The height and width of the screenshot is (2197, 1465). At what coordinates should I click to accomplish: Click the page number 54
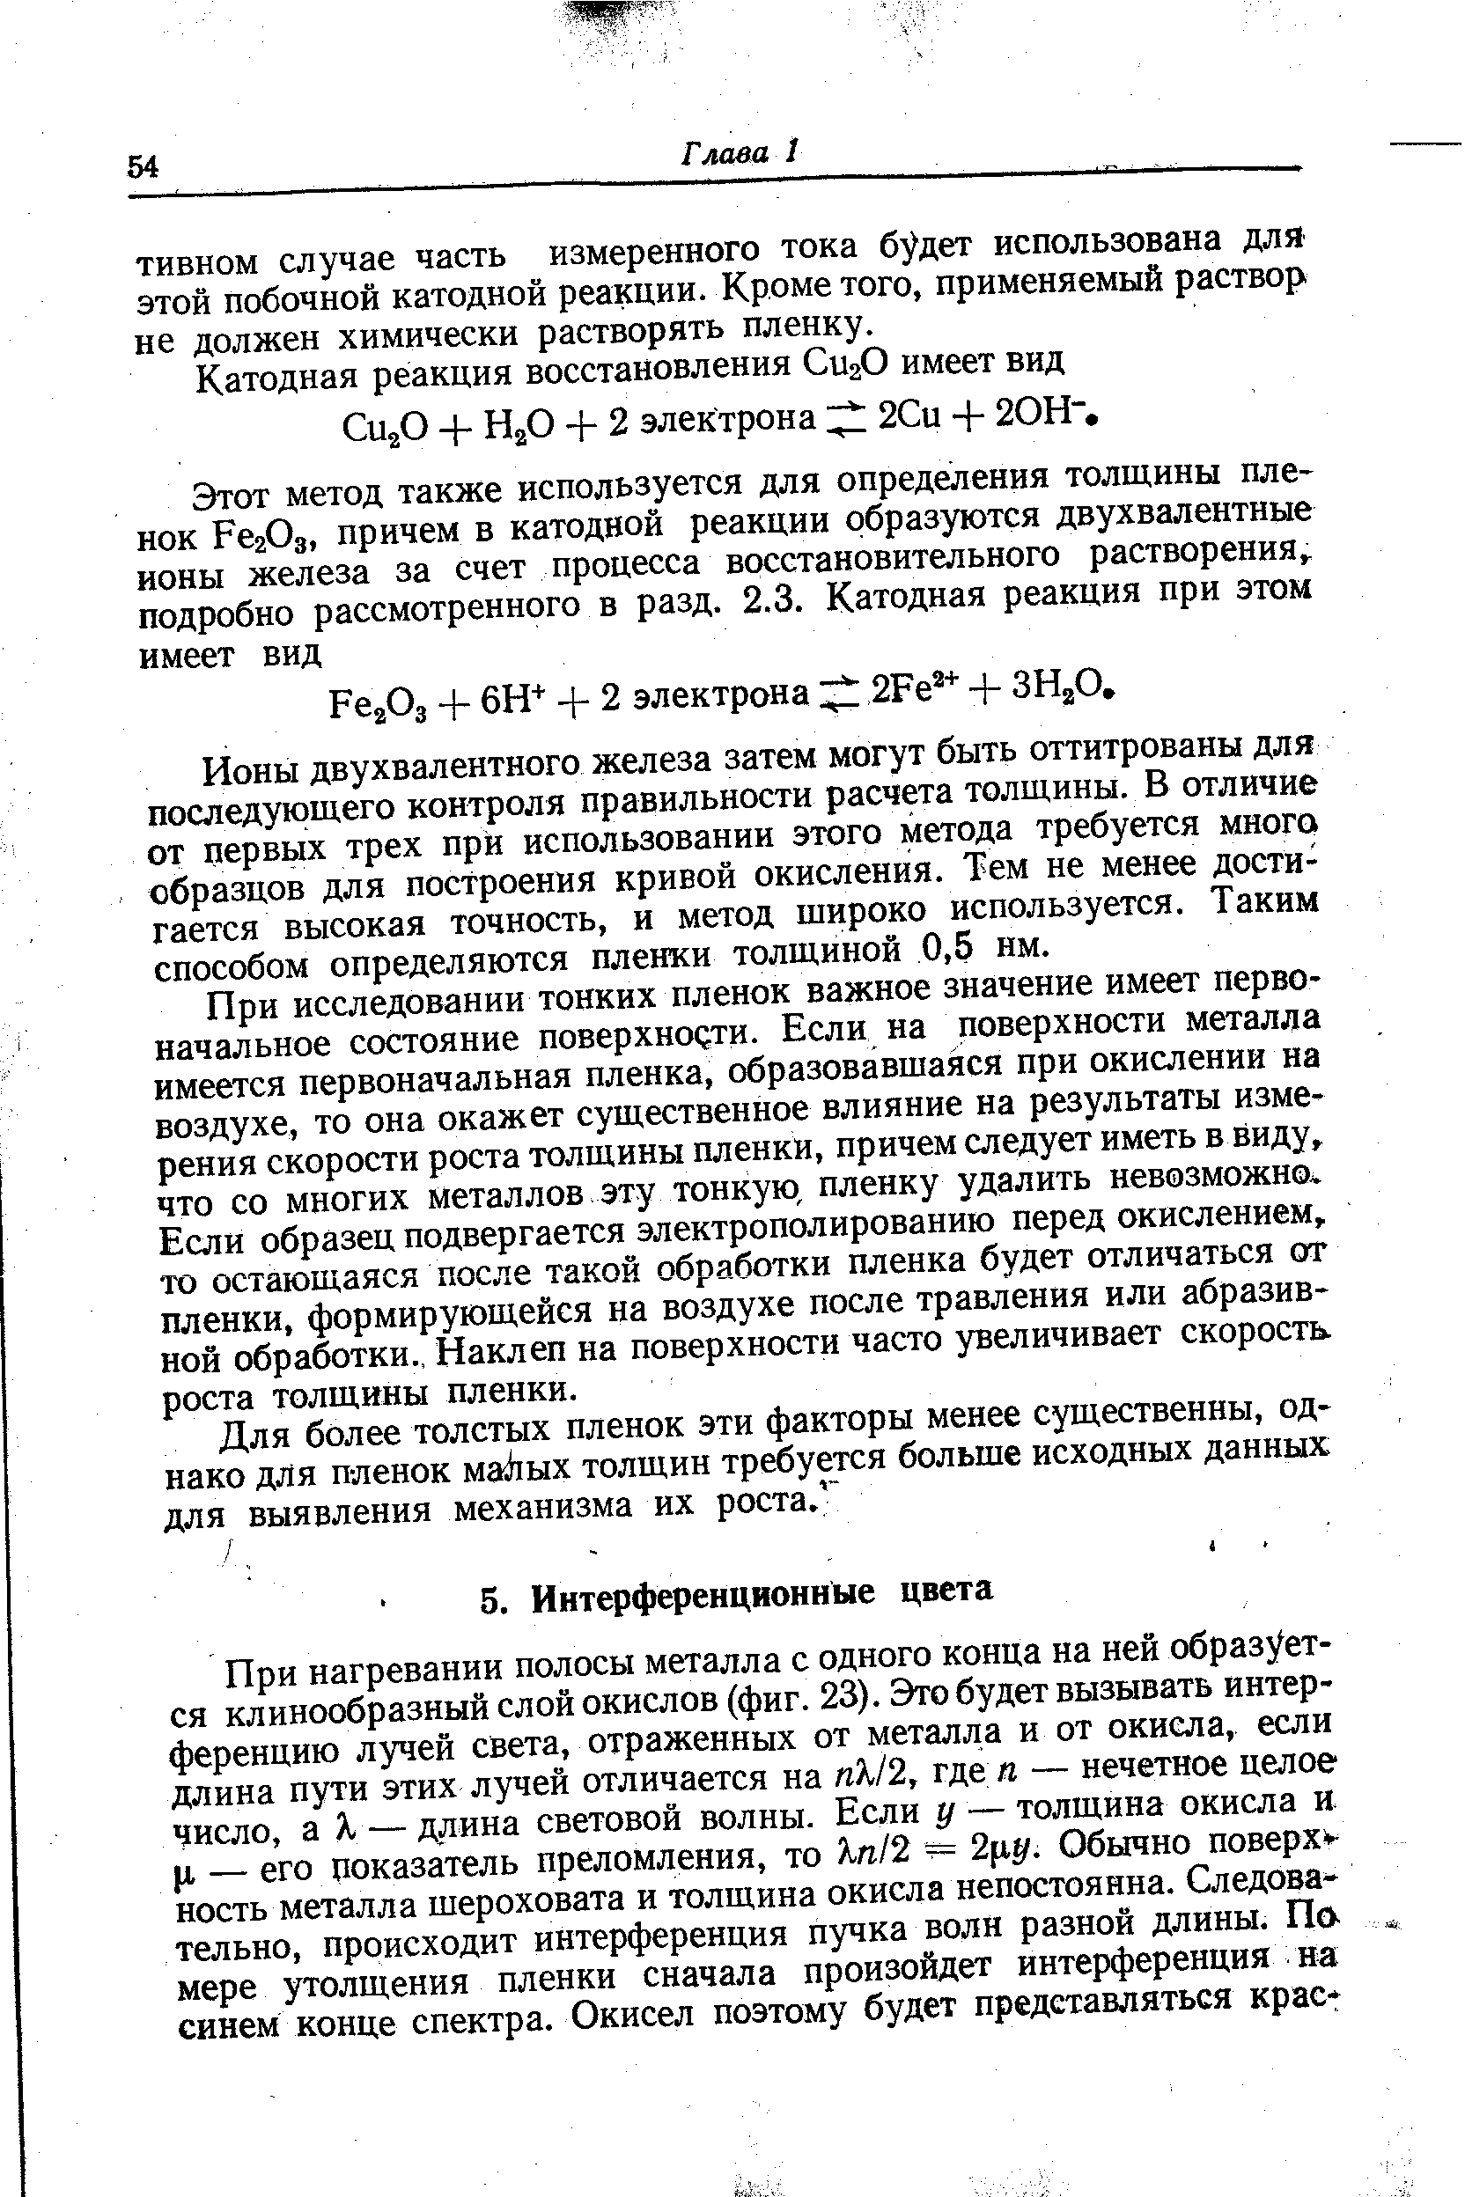click(x=144, y=166)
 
